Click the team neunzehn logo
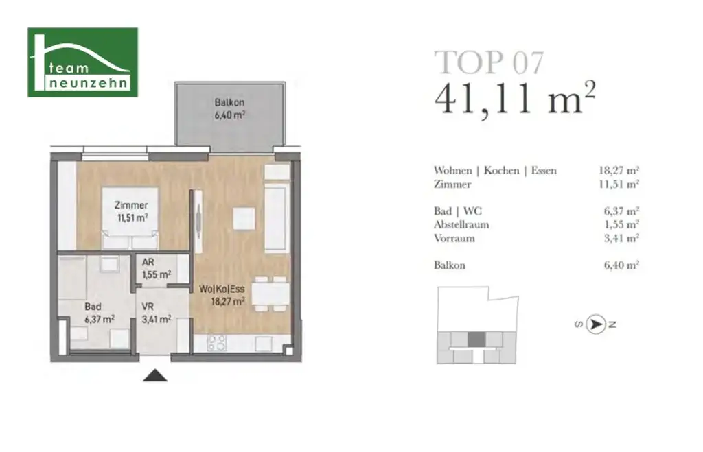(x=82, y=62)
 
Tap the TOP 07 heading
(x=489, y=62)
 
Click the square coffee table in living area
(x=244, y=219)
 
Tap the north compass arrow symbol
(x=597, y=324)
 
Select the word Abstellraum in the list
(x=461, y=225)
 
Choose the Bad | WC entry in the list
(x=457, y=211)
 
